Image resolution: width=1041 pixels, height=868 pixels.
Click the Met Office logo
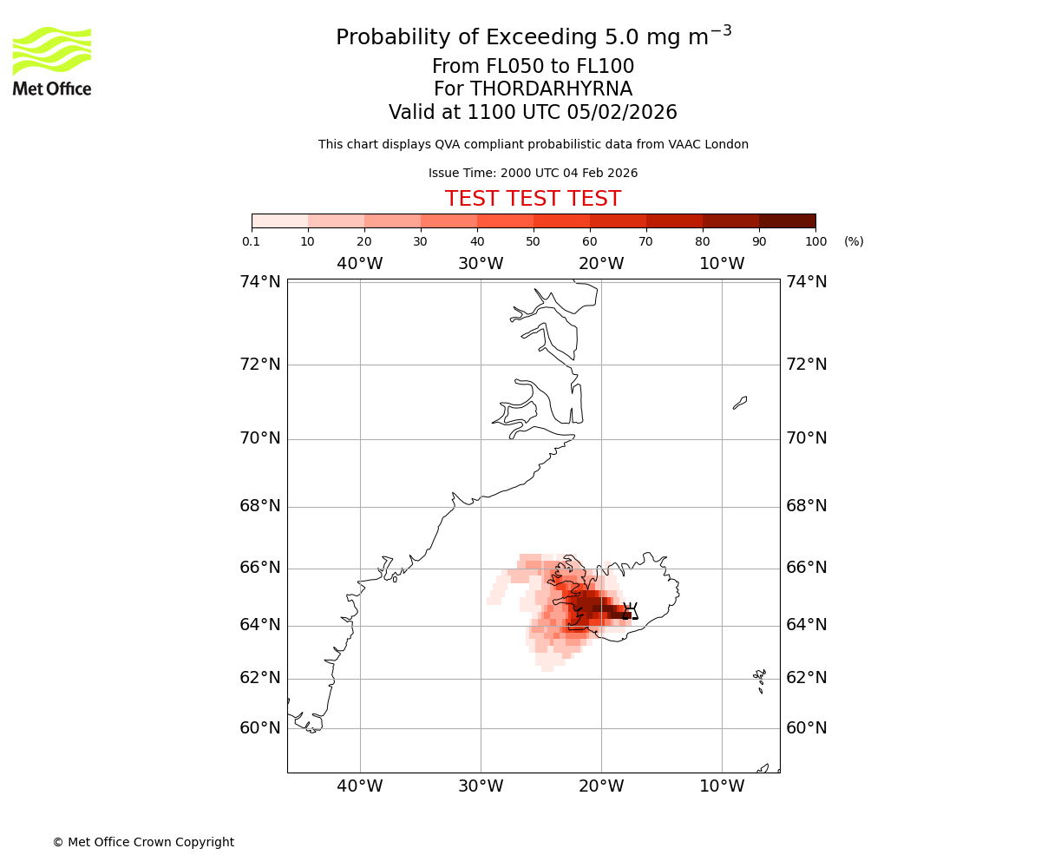coord(52,61)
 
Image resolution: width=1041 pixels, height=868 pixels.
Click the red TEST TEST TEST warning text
coord(533,199)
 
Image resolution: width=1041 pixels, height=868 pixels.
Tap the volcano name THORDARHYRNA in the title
coord(533,89)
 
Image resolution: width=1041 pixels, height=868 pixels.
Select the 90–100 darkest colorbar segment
coord(787,220)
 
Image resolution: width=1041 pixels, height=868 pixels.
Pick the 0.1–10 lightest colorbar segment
coord(280,220)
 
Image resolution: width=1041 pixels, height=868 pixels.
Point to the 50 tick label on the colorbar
coord(533,241)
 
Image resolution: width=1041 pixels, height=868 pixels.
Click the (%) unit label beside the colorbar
coord(854,241)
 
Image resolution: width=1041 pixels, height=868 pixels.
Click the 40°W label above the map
coord(360,263)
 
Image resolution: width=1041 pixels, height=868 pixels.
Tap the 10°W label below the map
coord(722,786)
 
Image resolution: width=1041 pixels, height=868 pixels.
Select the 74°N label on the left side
coord(260,281)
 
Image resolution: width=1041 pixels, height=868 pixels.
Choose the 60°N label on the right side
coord(806,727)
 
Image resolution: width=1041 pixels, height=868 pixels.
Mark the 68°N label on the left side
coord(260,505)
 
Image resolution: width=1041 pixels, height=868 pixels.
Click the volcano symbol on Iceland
coord(631,610)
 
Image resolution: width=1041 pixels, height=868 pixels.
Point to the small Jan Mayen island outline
coord(740,402)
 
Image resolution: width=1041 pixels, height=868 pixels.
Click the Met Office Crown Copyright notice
coord(143,842)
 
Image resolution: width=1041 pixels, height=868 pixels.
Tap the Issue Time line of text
coord(533,173)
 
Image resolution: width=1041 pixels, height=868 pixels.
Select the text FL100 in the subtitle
coord(606,67)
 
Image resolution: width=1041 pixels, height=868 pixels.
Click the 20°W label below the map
coord(601,786)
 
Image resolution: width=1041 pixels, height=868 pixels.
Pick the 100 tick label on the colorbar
coord(815,241)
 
